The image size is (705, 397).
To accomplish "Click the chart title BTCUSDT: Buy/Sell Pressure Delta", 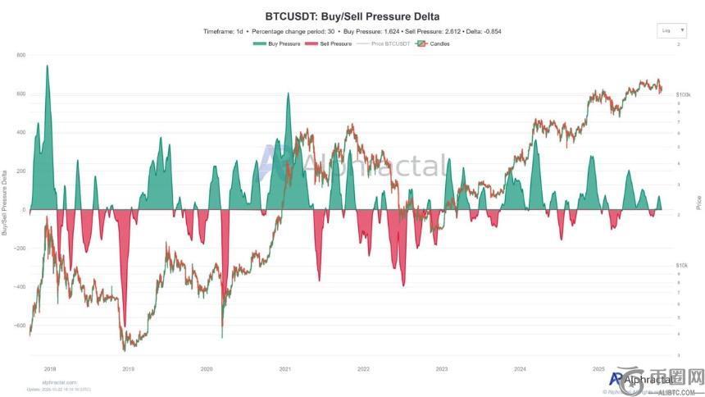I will [x=352, y=16].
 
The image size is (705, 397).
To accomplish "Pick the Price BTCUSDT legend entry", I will [x=390, y=43].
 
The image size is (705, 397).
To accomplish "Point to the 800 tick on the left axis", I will [x=21, y=55].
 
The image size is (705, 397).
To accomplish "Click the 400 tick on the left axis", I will [x=21, y=132].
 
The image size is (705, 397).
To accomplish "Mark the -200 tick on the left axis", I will [x=20, y=249].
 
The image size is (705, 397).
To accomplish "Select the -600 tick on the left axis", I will [x=20, y=326].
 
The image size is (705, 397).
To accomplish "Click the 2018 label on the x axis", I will [x=50, y=370].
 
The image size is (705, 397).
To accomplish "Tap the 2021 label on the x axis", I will [x=285, y=370].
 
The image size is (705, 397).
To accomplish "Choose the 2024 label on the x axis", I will [x=520, y=370].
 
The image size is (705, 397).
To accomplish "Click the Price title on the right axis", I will [x=698, y=201].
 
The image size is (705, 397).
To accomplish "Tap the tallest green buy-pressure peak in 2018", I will [x=48, y=66].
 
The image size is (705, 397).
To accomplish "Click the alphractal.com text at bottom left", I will [x=59, y=382].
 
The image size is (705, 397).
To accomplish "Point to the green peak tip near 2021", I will [x=288, y=94].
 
